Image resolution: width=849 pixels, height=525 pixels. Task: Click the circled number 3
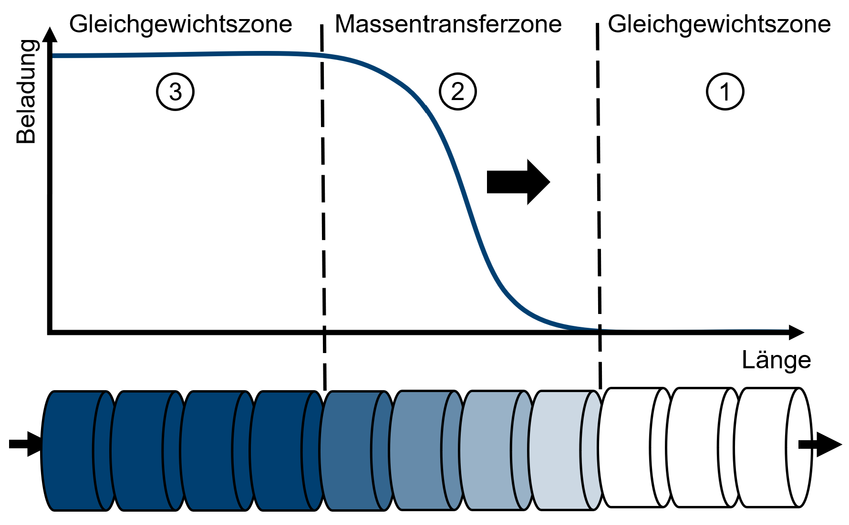pyautogui.click(x=175, y=91)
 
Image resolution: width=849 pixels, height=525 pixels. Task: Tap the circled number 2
pyautogui.click(x=457, y=91)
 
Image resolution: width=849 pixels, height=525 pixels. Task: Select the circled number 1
pyautogui.click(x=725, y=91)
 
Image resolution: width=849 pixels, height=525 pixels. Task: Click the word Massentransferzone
pyautogui.click(x=448, y=24)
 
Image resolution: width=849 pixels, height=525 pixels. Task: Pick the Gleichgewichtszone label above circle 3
pyautogui.click(x=180, y=24)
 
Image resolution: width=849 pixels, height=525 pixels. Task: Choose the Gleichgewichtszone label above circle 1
pyautogui.click(x=719, y=24)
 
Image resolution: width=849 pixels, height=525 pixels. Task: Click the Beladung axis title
pyautogui.click(x=26, y=91)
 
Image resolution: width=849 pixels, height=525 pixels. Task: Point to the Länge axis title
pyautogui.click(x=776, y=360)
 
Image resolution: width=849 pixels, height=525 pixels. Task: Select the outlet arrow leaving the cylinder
pyautogui.click(x=821, y=444)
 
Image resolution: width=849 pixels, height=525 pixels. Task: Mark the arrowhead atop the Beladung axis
pyautogui.click(x=50, y=35)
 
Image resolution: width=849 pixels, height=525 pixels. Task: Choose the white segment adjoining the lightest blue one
pyautogui.click(x=627, y=448)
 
